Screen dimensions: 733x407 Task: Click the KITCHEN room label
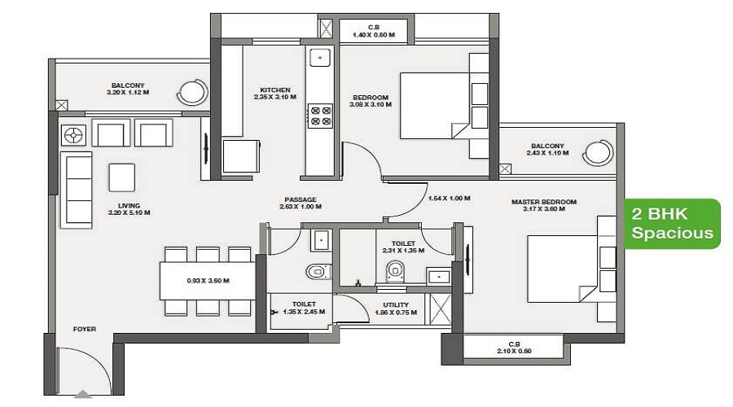coord(275,90)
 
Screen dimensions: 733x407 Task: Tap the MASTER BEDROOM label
coord(544,202)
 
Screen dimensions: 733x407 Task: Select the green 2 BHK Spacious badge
coord(672,223)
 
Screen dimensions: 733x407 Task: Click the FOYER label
coord(85,329)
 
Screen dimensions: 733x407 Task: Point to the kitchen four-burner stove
coord(321,116)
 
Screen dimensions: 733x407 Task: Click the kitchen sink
coord(320,58)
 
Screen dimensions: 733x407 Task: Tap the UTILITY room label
coord(396,304)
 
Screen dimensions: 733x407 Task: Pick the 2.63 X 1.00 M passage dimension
coord(301,207)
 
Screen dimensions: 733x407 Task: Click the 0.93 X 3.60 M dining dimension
coord(208,281)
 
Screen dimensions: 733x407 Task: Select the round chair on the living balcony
coord(192,92)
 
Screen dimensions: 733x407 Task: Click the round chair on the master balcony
coord(598,152)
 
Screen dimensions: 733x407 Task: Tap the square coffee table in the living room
coord(122,177)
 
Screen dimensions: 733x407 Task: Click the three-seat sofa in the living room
coord(77,190)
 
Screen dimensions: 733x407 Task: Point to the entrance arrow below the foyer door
coord(84,394)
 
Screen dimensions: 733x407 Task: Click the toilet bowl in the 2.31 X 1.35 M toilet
coord(395,271)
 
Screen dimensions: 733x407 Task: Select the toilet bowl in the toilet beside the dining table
coord(318,271)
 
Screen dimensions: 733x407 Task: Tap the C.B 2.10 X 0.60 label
coord(514,348)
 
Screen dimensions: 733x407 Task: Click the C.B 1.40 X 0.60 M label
coord(374,31)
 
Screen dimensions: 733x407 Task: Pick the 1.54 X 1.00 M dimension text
coord(450,198)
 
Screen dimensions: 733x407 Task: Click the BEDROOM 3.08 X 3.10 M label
coord(371,101)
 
